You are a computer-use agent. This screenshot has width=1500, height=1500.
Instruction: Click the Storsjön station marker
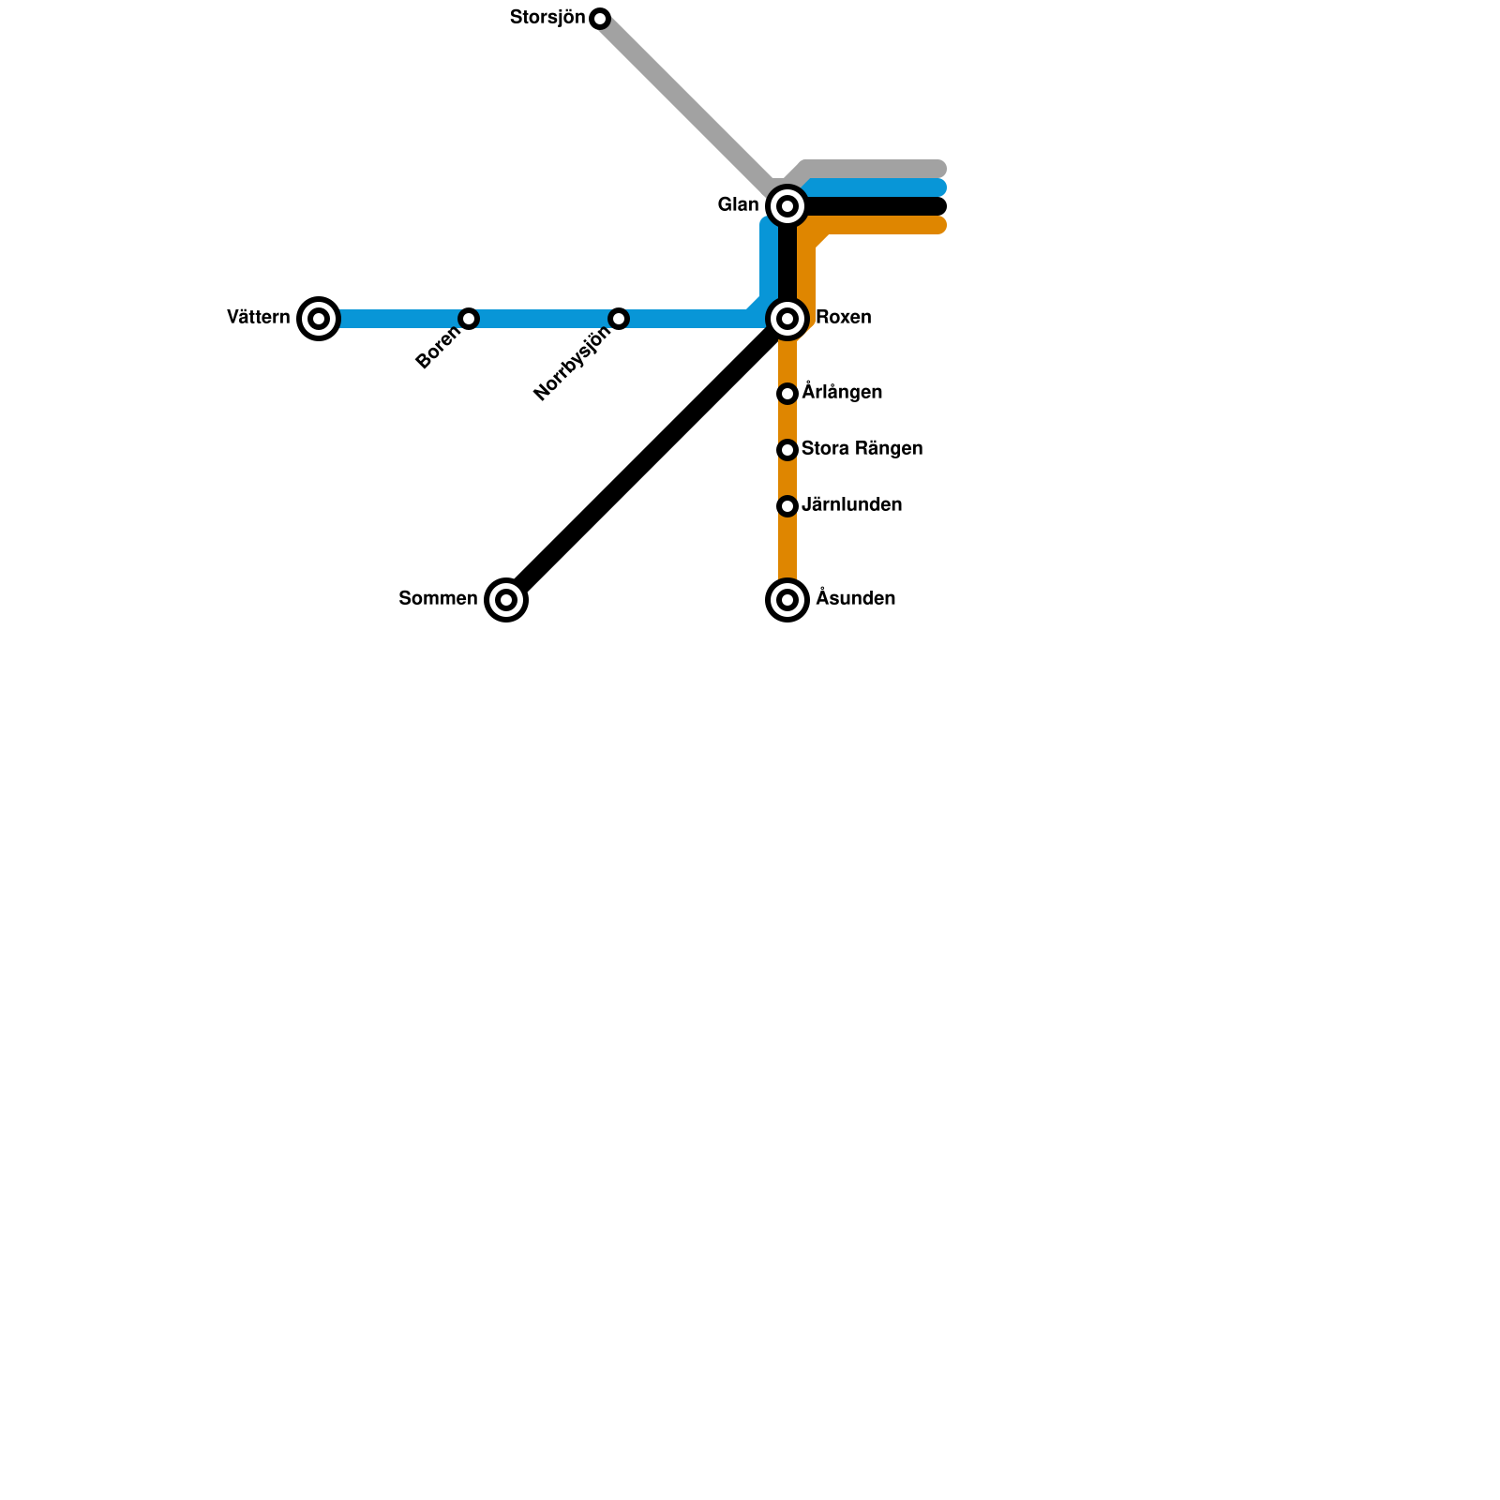coord(600,19)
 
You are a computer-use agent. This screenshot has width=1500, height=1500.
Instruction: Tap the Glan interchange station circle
coord(787,206)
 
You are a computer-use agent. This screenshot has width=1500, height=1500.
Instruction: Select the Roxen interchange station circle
coord(787,319)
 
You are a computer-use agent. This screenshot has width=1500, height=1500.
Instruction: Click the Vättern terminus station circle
coord(319,319)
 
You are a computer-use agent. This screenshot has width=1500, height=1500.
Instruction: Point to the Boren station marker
coord(469,319)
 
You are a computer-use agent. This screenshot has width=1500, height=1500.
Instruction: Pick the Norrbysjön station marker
coord(619,319)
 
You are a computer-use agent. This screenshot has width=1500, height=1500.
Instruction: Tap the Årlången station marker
coord(787,394)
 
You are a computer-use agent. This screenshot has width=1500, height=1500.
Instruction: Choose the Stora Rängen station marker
coord(787,450)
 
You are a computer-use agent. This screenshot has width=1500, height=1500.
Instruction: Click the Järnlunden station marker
coord(787,506)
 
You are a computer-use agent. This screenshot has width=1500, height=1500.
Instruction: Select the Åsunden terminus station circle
coord(787,600)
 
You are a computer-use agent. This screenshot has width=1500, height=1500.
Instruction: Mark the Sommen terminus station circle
coord(506,600)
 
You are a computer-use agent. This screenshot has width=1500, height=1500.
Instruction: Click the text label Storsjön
coord(547,18)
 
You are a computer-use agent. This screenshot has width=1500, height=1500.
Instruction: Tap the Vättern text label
coord(259,318)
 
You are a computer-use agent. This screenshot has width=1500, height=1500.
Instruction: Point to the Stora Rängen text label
coord(862,449)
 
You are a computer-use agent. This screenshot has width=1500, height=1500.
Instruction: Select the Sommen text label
coord(438,599)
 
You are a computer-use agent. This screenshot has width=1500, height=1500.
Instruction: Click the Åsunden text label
coord(855,599)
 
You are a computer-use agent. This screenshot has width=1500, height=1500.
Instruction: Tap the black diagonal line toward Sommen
coord(647,459)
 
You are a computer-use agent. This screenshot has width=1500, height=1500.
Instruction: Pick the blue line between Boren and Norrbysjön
coord(544,319)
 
